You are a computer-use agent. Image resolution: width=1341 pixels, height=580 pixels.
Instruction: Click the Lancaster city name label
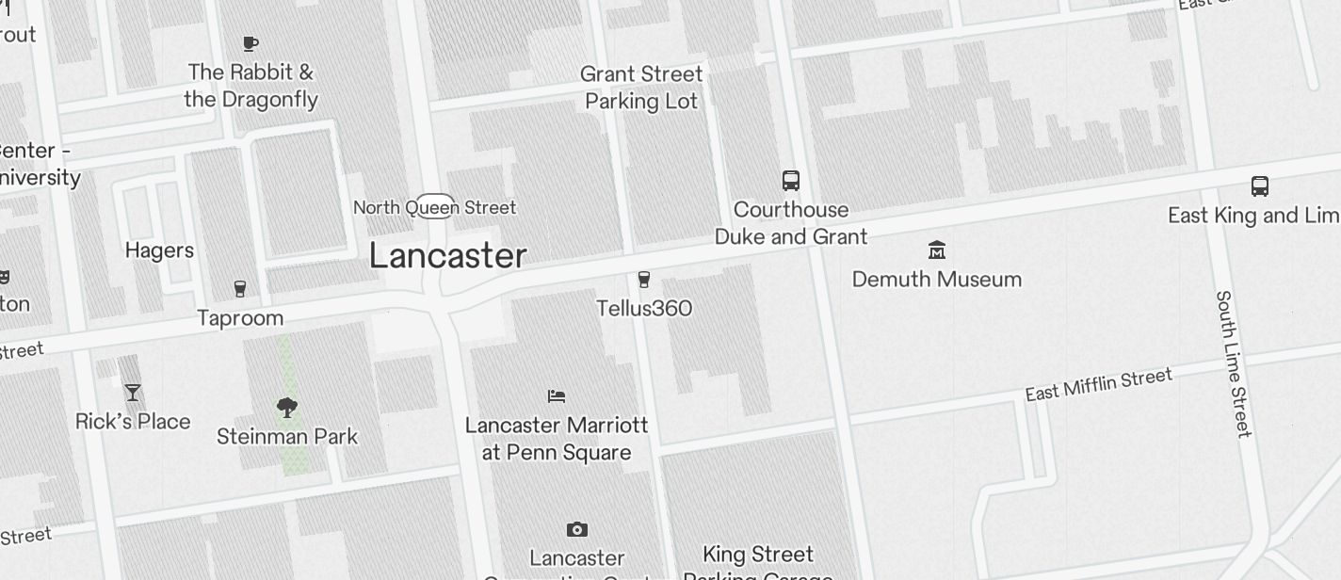click(x=447, y=256)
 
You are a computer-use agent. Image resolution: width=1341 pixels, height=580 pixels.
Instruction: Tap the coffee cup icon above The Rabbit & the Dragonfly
click(x=250, y=43)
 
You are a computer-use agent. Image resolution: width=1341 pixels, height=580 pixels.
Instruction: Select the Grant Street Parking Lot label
click(x=641, y=88)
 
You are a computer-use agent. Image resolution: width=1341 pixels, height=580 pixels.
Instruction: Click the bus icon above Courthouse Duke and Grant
click(x=791, y=181)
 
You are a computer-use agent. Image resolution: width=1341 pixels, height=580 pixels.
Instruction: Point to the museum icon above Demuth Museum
click(x=937, y=250)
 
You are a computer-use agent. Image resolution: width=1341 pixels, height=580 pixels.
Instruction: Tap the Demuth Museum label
click(x=937, y=280)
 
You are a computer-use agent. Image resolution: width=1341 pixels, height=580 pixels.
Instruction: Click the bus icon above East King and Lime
click(x=1260, y=186)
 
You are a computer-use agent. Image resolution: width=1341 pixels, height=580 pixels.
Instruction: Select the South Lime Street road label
click(x=1234, y=363)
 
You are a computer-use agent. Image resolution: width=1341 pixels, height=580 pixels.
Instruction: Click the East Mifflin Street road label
click(x=1098, y=383)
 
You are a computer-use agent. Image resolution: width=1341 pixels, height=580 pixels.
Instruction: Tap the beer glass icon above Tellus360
click(x=644, y=280)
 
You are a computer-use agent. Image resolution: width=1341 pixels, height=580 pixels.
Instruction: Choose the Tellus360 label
click(x=644, y=309)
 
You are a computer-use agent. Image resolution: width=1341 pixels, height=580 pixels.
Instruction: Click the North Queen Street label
click(x=434, y=207)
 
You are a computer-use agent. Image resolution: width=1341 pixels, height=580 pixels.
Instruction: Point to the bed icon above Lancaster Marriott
click(x=557, y=396)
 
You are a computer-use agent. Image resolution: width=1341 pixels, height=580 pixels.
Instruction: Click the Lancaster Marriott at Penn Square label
click(x=557, y=439)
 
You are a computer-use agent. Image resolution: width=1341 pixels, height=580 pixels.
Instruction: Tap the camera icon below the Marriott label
click(x=577, y=530)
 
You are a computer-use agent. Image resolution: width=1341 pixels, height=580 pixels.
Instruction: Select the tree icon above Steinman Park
click(x=287, y=408)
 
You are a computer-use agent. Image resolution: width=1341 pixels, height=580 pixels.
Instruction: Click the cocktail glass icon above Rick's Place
click(x=133, y=393)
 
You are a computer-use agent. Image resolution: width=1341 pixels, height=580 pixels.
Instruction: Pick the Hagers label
click(x=159, y=250)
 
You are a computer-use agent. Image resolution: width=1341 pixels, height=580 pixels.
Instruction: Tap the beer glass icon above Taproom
click(x=240, y=289)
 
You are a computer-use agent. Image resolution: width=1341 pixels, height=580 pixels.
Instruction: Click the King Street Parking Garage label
click(x=758, y=563)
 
